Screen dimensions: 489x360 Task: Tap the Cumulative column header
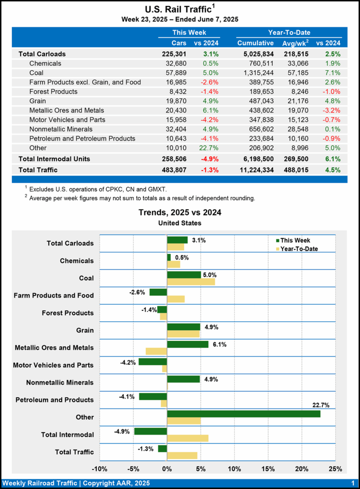[x=255, y=43]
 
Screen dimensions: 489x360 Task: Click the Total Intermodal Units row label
[x=54, y=159]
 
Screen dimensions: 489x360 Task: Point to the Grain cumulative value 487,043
[x=262, y=101]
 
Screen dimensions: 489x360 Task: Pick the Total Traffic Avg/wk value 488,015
[x=296, y=170]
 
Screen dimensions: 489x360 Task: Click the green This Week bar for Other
[x=244, y=414]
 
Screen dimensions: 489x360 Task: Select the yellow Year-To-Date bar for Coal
[x=191, y=282]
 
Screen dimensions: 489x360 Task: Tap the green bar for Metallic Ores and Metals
[x=188, y=344]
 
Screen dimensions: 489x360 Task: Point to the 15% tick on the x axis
[x=268, y=469]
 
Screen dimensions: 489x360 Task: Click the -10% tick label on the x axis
[x=99, y=469]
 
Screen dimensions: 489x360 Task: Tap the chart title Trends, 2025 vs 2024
[x=180, y=213]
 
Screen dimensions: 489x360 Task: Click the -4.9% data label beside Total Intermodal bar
[x=123, y=431]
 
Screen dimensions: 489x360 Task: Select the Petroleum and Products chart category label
[x=54, y=400]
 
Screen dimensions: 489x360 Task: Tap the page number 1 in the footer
[x=352, y=483]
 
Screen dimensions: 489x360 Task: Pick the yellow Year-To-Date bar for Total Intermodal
[x=188, y=438]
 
